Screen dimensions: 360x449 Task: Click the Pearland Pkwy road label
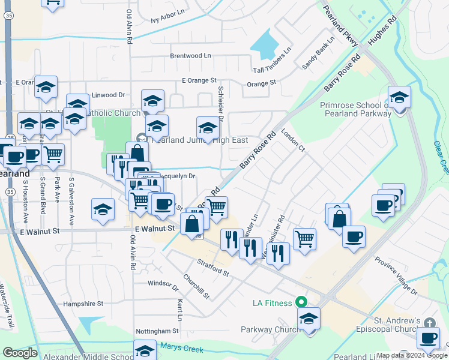click(340, 27)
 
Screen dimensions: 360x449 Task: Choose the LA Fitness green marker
click(302, 303)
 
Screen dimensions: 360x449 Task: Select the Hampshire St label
click(83, 304)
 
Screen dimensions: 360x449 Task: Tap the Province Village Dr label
click(396, 275)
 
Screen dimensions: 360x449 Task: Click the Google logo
click(20, 353)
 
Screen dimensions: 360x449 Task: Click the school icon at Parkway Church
click(309, 319)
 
